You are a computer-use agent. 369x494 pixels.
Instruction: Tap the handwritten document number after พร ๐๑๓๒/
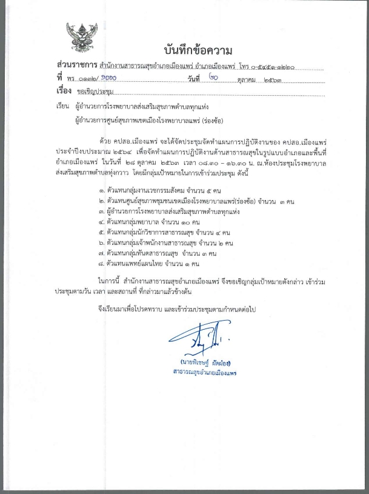[104, 78]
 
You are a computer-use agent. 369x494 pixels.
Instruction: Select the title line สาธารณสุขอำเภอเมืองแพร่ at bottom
[204, 372]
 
